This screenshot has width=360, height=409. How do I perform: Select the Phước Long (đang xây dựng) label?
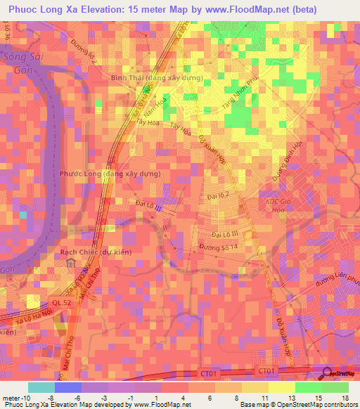(x=110, y=174)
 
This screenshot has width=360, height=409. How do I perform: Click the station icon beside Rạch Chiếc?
(x=72, y=264)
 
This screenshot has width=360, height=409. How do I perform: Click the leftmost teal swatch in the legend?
(x=41, y=387)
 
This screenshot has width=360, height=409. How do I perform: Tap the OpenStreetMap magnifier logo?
(x=327, y=375)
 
